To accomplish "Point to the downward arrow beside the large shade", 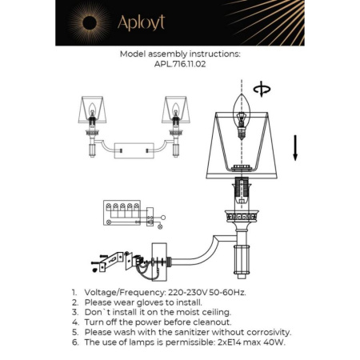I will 294,147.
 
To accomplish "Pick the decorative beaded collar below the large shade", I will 242,216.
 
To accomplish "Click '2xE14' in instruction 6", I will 226,341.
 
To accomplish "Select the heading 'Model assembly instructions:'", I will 179,55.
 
